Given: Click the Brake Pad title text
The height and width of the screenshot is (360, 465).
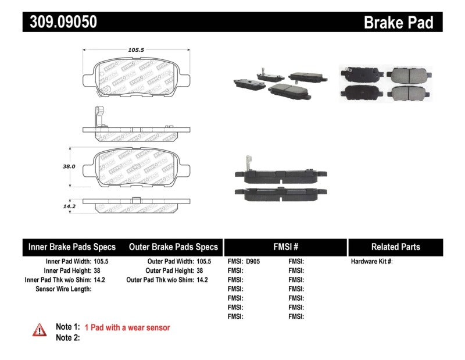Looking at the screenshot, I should point(398,23).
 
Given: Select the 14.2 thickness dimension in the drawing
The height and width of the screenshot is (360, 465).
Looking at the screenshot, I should point(69,205).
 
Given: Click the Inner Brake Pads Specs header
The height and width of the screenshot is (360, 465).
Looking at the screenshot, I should point(72,247).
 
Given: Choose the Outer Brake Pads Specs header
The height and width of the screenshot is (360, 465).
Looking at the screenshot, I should point(173,247).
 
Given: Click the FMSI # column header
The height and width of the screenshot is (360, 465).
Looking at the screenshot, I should point(285,247).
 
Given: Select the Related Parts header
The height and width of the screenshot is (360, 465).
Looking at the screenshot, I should point(395,247).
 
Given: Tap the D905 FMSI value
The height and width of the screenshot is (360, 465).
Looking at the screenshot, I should point(253,262).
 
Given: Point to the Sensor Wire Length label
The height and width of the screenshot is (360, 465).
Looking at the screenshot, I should point(63,288).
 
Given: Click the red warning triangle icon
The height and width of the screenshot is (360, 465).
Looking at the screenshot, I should point(40,330).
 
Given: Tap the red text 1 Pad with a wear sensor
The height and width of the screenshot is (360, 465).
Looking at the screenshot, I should point(127,328).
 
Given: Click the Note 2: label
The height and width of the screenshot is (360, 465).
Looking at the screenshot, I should point(67,338).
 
